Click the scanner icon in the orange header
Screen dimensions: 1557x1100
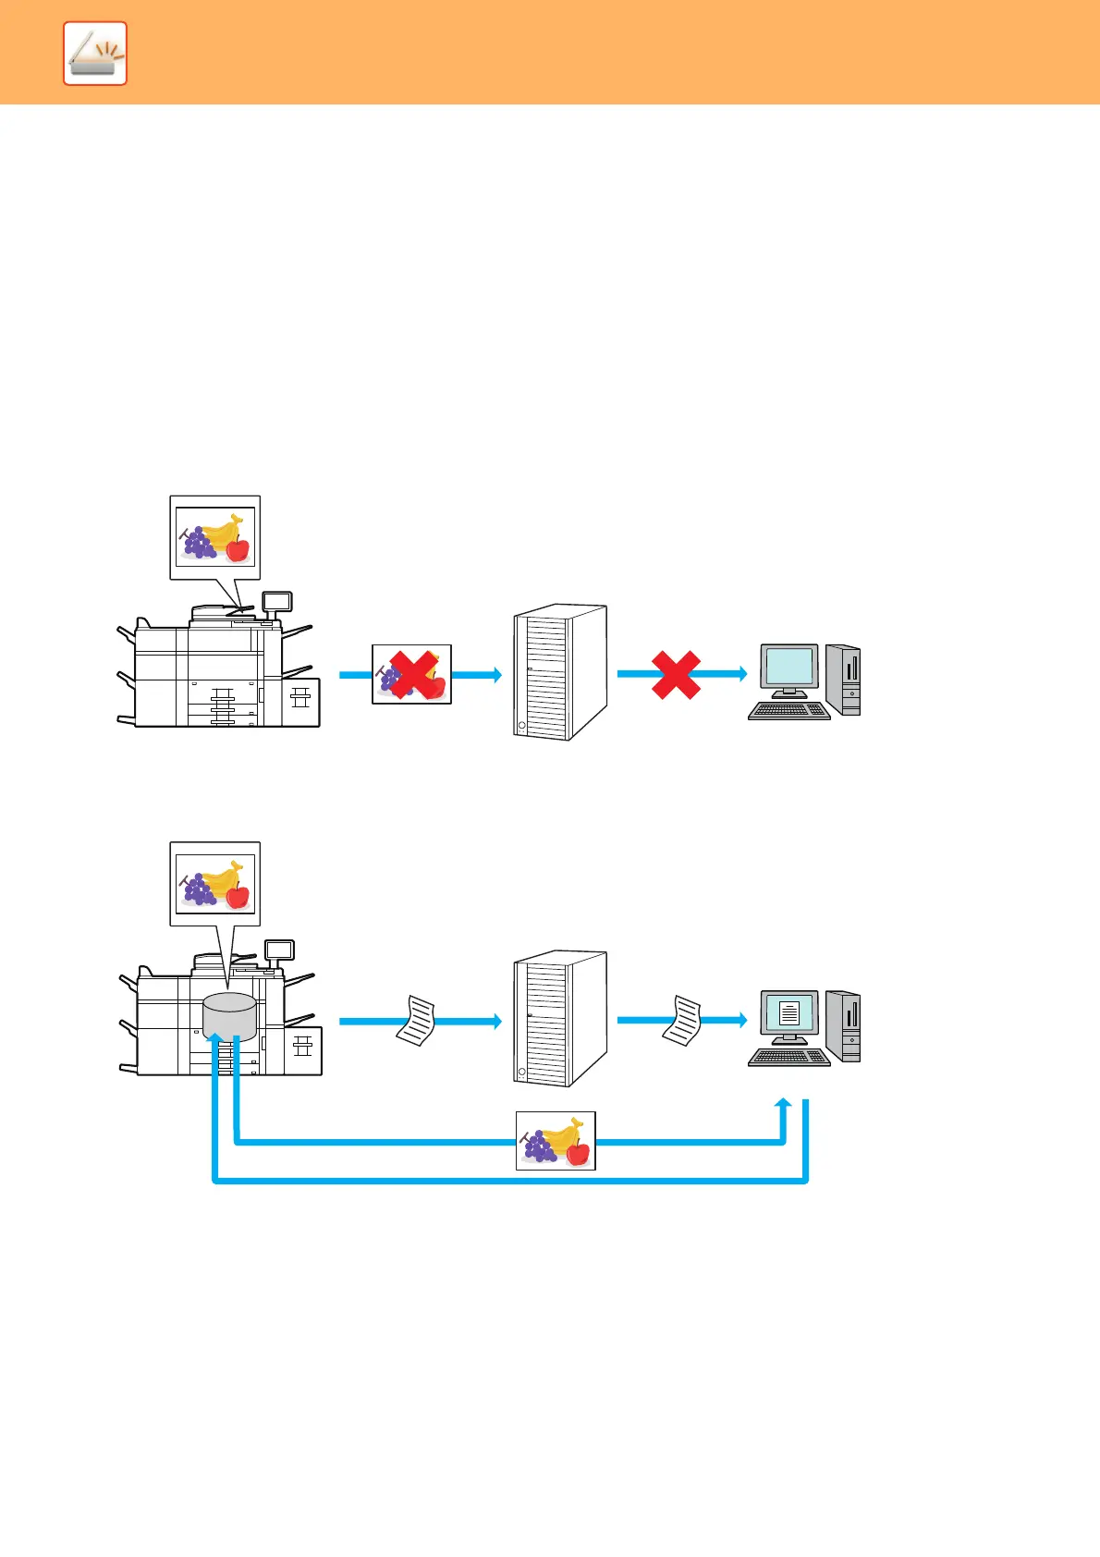coord(95,55)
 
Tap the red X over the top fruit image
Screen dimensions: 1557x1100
coord(412,674)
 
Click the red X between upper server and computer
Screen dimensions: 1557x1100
coord(676,674)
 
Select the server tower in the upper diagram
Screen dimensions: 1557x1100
coord(559,672)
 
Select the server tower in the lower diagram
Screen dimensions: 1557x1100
coord(559,1019)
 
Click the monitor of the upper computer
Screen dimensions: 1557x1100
coord(789,668)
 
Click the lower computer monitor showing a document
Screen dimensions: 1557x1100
coord(789,1013)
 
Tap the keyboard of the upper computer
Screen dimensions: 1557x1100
coord(788,711)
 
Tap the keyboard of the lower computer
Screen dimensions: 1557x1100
coord(788,1058)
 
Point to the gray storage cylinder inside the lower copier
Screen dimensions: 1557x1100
coord(229,1016)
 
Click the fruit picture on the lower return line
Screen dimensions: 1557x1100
coord(556,1141)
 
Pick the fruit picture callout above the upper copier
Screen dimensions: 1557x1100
coord(215,536)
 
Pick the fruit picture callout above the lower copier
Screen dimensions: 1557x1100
coord(215,883)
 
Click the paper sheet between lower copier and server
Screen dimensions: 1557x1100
coord(417,1020)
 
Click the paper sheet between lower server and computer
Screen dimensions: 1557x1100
coord(683,1020)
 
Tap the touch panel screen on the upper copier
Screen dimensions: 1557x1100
coord(277,602)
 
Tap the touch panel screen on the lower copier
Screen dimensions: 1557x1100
coord(279,950)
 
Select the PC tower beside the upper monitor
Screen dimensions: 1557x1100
coord(844,680)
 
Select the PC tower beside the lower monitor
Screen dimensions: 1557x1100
coord(844,1026)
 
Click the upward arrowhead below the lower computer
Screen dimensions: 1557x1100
coord(784,1105)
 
